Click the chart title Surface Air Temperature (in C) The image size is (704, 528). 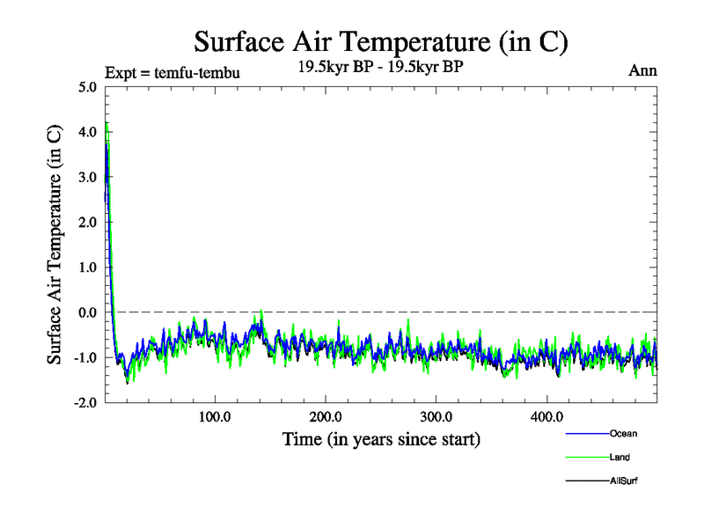point(381,41)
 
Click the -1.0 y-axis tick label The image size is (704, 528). point(86,357)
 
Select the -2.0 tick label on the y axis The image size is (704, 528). point(86,402)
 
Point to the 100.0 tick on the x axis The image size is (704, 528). point(215,416)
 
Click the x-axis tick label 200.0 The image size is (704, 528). point(326,416)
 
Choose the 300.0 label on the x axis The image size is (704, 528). point(436,416)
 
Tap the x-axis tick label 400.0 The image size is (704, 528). point(547,416)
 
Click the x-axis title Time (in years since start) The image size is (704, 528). point(381,438)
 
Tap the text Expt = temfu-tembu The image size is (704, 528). point(172,72)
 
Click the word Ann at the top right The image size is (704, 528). point(642,70)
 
